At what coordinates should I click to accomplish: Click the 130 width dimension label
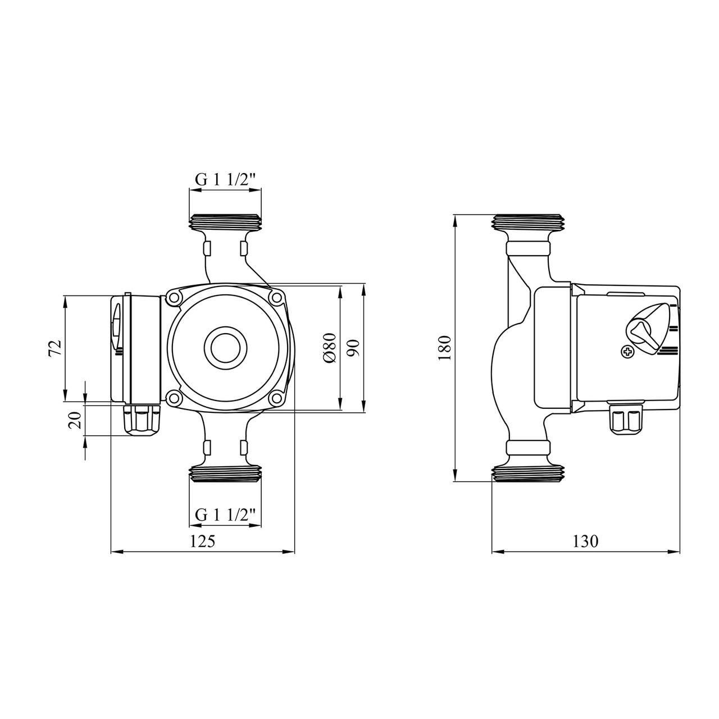coord(586,541)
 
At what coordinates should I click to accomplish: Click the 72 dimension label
coord(55,349)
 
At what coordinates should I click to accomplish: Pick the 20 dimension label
coord(74,420)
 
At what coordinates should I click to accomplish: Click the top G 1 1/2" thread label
coord(225,179)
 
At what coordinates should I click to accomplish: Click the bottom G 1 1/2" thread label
coord(225,515)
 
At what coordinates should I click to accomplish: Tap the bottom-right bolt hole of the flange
coord(276,398)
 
